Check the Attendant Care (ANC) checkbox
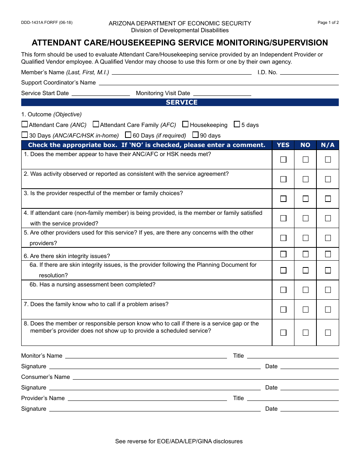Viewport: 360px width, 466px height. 25,124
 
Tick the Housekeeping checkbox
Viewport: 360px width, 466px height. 185,124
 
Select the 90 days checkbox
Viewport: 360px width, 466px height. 196,135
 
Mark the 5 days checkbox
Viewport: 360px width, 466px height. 237,124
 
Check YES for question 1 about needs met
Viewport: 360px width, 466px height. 283,160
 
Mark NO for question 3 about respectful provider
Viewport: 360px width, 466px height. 305,199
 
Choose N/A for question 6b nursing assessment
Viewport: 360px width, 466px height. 328,290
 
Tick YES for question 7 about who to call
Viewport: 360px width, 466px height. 283,310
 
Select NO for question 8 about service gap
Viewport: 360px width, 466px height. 305,333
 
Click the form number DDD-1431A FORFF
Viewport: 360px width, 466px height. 47,22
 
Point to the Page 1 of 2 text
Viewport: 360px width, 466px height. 328,22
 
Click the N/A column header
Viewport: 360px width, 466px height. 328,145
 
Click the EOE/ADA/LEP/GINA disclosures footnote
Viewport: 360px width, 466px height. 179,441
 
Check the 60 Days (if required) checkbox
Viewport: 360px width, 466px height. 128,135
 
